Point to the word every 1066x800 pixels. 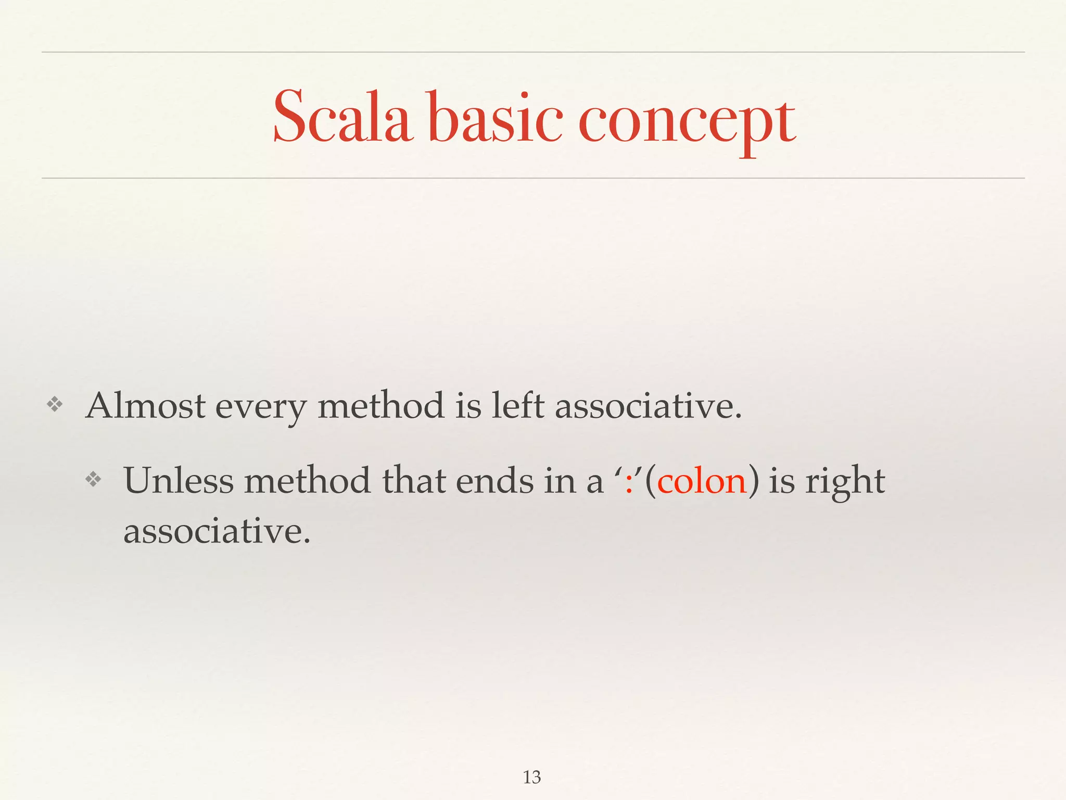tap(260, 408)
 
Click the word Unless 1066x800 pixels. tap(179, 480)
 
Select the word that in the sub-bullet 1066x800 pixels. tap(414, 480)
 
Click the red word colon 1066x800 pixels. tap(702, 480)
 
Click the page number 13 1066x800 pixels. tap(532, 777)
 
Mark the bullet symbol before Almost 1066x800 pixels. tap(54, 405)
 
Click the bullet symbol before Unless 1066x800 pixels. tap(93, 479)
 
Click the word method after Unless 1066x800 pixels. tap(307, 480)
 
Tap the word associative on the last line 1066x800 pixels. tap(217, 531)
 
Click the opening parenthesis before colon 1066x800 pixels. tap(650, 481)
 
